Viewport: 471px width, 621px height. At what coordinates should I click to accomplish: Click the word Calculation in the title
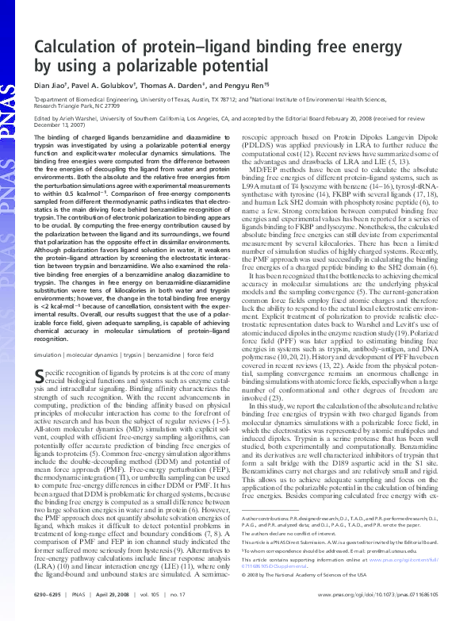(77, 47)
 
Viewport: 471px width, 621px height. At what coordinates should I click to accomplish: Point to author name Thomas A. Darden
(179, 86)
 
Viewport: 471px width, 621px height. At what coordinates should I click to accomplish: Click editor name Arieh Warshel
(82, 120)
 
